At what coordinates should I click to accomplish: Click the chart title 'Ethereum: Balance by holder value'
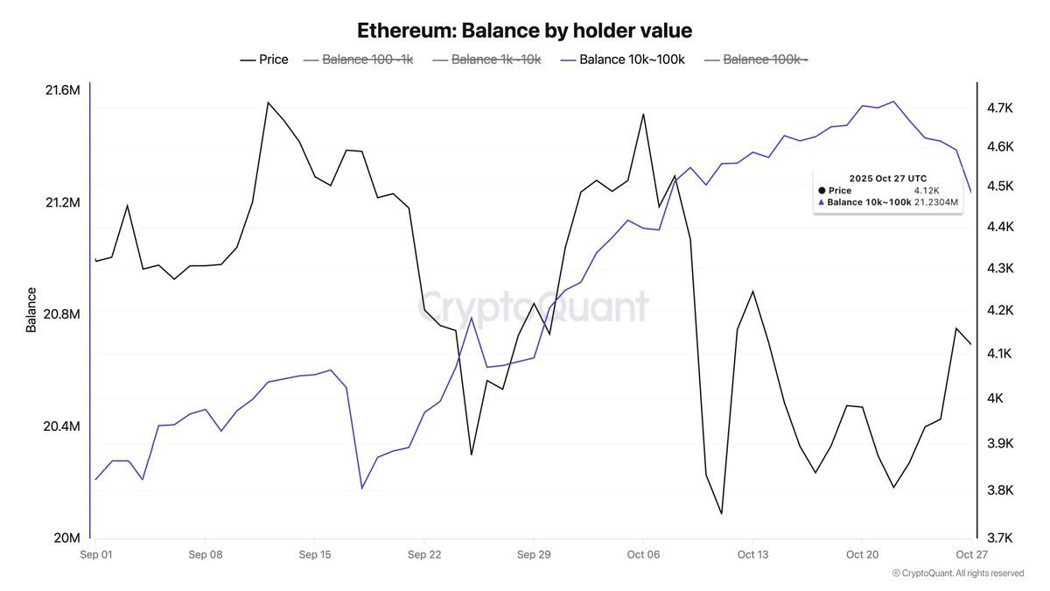click(x=524, y=31)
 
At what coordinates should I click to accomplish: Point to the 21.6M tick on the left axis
click(x=61, y=90)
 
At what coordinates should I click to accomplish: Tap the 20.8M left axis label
click(x=61, y=314)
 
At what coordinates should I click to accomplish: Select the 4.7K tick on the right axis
click(x=998, y=108)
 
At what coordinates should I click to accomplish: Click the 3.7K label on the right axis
click(x=998, y=538)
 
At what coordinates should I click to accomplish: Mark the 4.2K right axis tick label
click(x=998, y=311)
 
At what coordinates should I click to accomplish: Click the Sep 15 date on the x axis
click(x=314, y=555)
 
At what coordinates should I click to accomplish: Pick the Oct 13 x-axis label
click(x=752, y=555)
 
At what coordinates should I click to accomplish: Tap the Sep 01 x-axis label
click(x=95, y=555)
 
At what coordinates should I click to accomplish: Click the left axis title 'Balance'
click(x=31, y=310)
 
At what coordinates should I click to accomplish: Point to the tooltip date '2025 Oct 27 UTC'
click(x=888, y=179)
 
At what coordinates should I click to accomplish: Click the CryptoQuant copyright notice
click(x=958, y=573)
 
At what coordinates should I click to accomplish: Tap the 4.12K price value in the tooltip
click(x=927, y=190)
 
